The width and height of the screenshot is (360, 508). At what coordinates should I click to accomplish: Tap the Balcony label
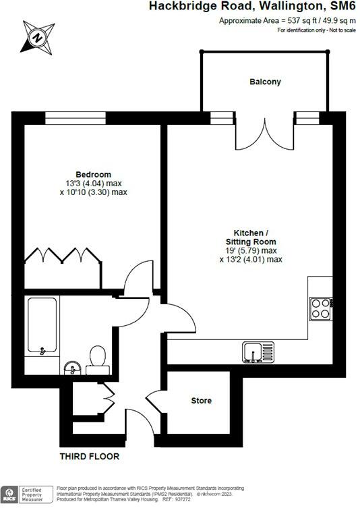(x=265, y=82)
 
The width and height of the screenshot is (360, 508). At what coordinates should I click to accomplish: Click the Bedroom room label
(x=93, y=174)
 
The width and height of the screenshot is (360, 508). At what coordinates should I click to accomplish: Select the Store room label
(x=202, y=401)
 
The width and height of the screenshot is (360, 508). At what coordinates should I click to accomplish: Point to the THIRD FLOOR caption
(x=90, y=457)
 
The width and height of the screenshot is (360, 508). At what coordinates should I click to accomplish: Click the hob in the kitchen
(x=321, y=309)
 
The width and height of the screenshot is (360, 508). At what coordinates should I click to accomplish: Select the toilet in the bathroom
(x=97, y=358)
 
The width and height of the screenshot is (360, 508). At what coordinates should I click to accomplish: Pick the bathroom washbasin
(x=73, y=367)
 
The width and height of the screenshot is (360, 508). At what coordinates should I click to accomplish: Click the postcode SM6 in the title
(x=341, y=7)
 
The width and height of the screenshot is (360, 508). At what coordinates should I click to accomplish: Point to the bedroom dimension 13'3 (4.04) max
(x=93, y=183)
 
